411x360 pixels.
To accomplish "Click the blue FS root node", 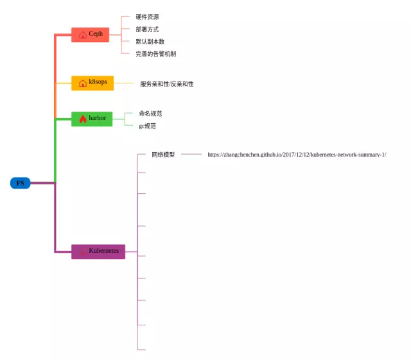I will click(x=20, y=183).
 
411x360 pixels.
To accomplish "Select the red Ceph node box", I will click(x=90, y=35).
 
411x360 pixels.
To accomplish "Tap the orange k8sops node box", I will click(x=92, y=83).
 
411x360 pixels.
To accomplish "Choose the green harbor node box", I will click(x=91, y=119).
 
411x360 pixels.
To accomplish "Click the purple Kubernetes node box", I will click(x=98, y=251).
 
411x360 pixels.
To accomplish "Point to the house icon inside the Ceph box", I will click(x=82, y=35).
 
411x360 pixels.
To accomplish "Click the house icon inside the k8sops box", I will click(x=82, y=83).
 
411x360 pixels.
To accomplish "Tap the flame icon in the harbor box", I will click(x=82, y=119).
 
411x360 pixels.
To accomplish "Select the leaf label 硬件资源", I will click(x=147, y=17).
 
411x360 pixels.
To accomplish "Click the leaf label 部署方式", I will click(x=147, y=29).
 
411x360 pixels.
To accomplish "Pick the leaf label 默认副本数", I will click(x=150, y=41).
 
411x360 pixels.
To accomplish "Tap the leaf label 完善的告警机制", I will click(x=155, y=54).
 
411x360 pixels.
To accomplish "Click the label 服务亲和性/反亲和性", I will click(x=166, y=84).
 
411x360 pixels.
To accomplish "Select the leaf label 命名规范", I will click(x=150, y=114).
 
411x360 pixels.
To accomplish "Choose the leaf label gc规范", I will click(x=147, y=126).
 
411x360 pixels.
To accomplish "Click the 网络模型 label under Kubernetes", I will click(x=163, y=155).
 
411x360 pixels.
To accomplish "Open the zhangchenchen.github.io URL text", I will click(x=296, y=155).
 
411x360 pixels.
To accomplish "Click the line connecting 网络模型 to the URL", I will click(x=191, y=155).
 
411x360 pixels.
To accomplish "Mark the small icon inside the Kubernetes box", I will click(x=82, y=252).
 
